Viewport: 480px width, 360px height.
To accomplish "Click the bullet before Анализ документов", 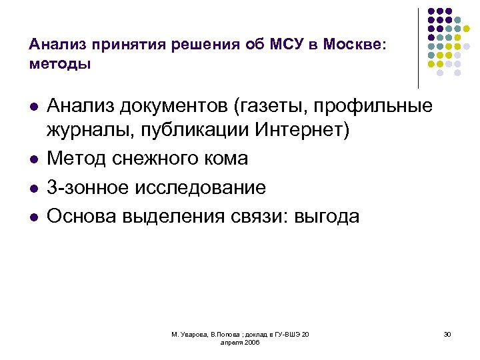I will point(33,107).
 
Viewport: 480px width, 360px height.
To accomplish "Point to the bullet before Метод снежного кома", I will point(33,160).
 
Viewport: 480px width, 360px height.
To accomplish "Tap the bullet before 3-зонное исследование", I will point(33,189).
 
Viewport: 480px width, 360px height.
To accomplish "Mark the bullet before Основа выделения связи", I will point(33,217).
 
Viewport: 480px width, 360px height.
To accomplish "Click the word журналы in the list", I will point(89,131).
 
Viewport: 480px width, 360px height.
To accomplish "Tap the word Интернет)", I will point(302,131).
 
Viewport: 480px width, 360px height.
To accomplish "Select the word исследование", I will point(203,189).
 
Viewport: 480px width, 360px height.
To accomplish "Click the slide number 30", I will point(447,334).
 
